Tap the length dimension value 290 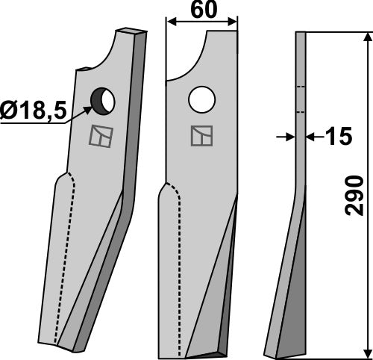coord(356,196)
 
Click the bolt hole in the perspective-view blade coord(102,99)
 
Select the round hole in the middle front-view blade coord(201,98)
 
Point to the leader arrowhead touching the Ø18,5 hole coord(92,108)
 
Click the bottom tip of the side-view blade coord(272,353)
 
